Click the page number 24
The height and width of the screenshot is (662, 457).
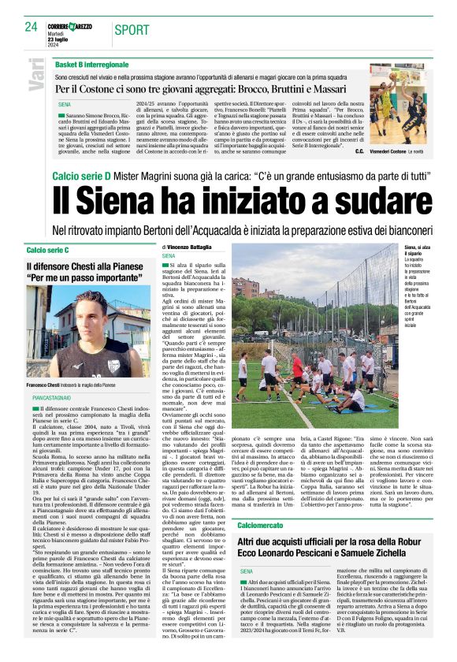coord(32,27)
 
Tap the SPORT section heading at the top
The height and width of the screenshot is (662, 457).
coord(131,30)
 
